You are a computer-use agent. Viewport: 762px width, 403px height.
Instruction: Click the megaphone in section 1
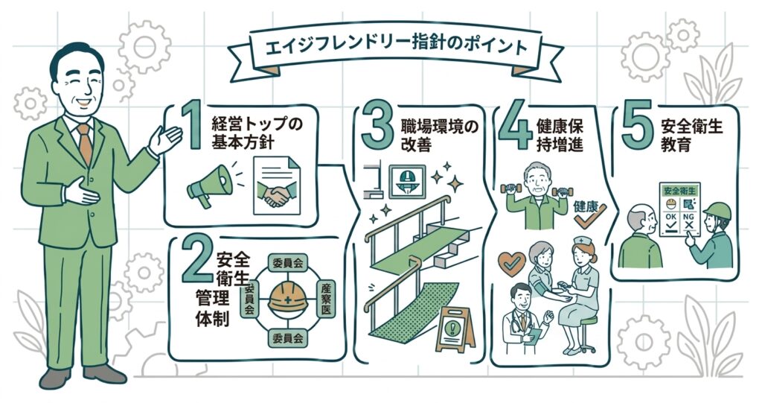point(210,185)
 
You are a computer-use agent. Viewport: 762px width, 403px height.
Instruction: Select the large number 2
point(196,265)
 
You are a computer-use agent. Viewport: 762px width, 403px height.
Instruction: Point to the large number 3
point(377,128)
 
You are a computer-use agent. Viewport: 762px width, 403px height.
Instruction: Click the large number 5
point(637,127)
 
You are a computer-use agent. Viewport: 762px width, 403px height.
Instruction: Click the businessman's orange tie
point(85,143)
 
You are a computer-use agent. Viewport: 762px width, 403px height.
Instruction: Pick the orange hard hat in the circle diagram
point(288,297)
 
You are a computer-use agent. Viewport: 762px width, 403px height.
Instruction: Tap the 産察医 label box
point(326,299)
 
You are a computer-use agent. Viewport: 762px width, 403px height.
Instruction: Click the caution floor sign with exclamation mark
point(455,329)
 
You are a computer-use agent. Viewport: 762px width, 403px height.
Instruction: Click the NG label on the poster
point(688,215)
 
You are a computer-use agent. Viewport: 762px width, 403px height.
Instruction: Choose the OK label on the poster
point(671,215)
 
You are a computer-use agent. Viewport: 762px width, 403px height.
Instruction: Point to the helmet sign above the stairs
point(406,182)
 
